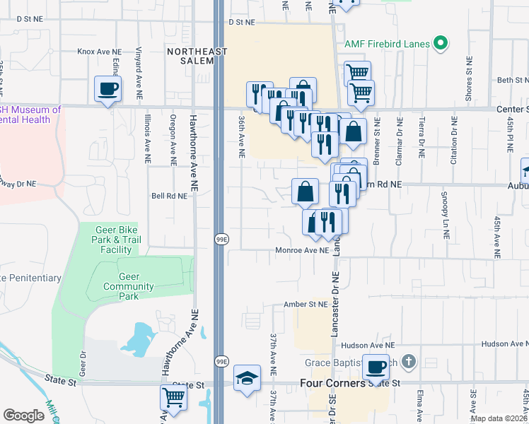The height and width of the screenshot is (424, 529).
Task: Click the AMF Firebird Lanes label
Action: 387,44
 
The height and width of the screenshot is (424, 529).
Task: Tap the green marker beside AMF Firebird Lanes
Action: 441,44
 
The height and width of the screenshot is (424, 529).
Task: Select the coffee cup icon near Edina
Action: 107,89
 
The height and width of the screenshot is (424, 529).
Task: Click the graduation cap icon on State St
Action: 247,378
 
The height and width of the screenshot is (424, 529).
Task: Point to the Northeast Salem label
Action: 197,56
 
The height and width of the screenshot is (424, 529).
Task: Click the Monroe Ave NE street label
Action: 302,250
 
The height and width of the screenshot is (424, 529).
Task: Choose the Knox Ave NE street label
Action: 100,52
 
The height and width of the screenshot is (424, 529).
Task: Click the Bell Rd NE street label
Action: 168,196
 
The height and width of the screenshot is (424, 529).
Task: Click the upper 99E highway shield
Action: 221,240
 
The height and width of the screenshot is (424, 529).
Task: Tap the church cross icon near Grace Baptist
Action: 408,363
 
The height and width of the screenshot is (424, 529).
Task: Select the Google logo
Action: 23,415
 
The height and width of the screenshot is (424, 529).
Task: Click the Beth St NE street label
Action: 514,80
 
